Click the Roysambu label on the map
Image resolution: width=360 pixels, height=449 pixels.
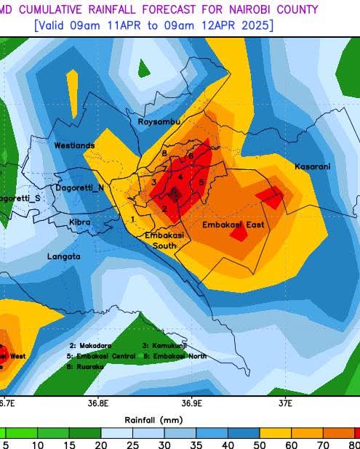pos(159,122)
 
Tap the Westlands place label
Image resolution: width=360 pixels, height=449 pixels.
pos(74,146)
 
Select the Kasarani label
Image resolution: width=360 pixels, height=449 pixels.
pos(312,167)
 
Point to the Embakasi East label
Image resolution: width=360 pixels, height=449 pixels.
pos(233,225)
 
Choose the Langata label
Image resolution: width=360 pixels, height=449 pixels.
pos(64,257)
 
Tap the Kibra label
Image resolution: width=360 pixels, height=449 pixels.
pos(80,222)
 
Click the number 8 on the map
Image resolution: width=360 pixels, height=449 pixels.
pos(165,154)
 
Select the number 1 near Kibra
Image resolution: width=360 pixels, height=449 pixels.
pos(133,219)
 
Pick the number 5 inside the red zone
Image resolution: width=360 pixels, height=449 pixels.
pos(201,182)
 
